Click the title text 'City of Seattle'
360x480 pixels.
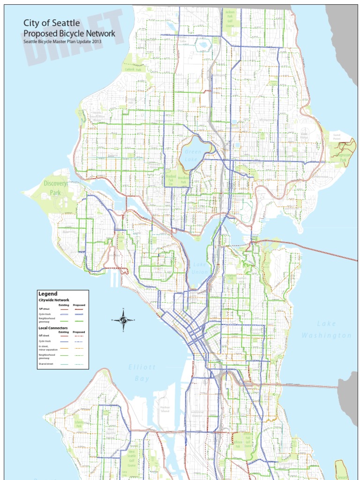tap(52, 23)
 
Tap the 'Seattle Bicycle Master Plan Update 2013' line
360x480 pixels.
tap(62, 42)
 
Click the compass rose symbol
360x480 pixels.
tap(123, 320)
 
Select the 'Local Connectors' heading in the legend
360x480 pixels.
tap(53, 328)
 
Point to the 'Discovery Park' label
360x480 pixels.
tap(56, 188)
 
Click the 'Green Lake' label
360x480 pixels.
tap(193, 155)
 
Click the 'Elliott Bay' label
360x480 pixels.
tap(142, 373)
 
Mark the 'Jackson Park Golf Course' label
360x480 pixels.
tap(230, 19)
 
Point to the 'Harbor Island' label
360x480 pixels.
tap(165, 409)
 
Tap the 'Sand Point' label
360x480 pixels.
tap(337, 136)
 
